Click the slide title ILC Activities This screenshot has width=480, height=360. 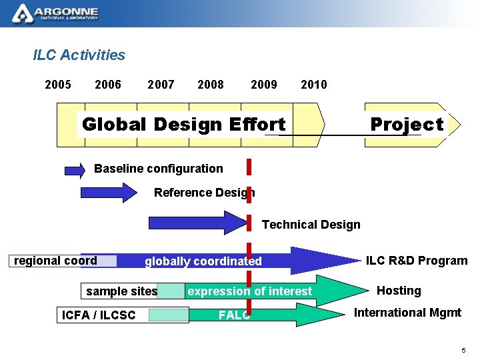click(79, 55)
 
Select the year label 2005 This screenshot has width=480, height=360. click(58, 84)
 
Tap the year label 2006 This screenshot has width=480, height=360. click(108, 84)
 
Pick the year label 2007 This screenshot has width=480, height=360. click(161, 84)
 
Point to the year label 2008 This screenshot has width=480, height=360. click(211, 84)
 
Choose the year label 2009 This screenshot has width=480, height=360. click(264, 84)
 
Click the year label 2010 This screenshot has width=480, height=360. click(314, 84)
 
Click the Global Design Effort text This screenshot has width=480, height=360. click(183, 125)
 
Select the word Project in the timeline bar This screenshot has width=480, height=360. click(407, 125)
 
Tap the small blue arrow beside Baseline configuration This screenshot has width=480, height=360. click(75, 170)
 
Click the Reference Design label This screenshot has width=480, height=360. click(204, 193)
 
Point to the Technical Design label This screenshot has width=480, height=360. click(311, 225)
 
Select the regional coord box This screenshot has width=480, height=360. click(56, 261)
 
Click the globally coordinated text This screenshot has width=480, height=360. click(203, 261)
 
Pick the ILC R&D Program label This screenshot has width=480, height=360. click(417, 261)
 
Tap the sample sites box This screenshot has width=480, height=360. click(122, 291)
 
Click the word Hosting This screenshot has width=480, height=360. click(399, 291)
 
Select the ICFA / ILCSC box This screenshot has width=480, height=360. click(99, 315)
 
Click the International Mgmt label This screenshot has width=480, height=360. click(407, 313)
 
